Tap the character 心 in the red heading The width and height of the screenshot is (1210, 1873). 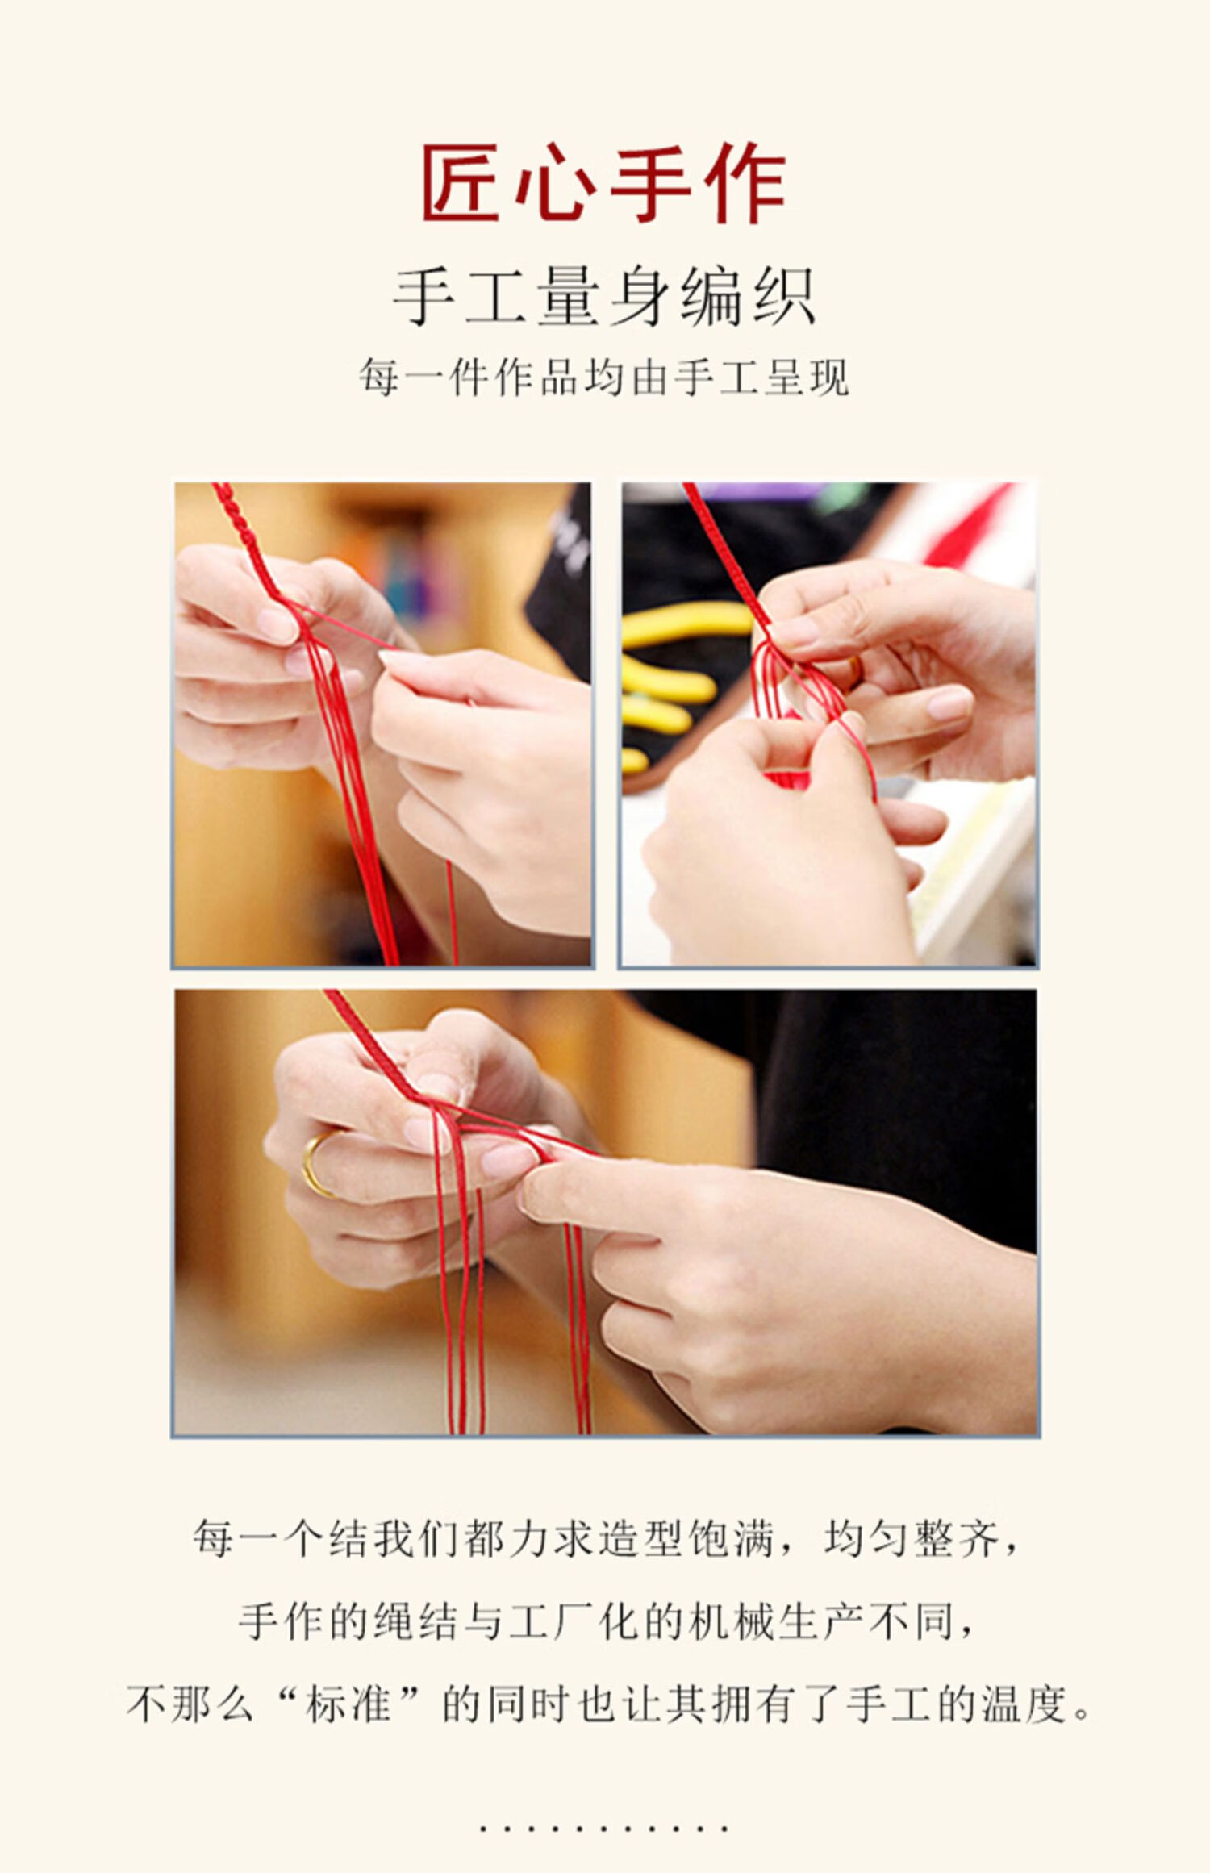[x=556, y=184]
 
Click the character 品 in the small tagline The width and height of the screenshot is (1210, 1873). [x=559, y=377]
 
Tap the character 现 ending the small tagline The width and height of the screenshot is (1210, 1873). [x=828, y=377]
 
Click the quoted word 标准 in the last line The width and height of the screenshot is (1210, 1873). [x=348, y=1705]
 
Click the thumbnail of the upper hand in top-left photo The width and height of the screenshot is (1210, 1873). [x=274, y=624]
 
